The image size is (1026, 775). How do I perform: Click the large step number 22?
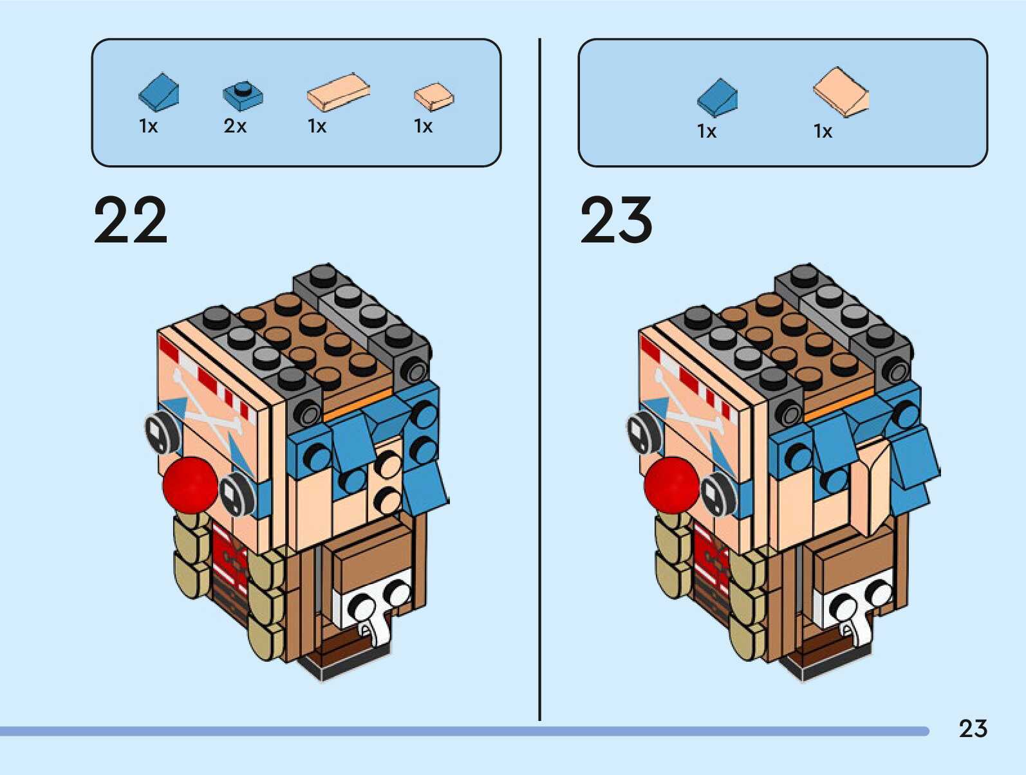pos(131,221)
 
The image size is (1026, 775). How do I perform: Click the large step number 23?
pos(617,221)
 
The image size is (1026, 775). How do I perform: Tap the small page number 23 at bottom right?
pos(973,729)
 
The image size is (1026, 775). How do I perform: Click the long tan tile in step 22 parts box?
pos(338,93)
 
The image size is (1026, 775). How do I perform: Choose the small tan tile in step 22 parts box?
pos(433,96)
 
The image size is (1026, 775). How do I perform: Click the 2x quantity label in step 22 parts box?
pos(235,126)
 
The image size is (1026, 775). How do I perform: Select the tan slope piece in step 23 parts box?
pos(841,92)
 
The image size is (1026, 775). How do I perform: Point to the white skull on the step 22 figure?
pos(373,608)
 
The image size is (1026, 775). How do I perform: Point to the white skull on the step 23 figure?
pos(856,608)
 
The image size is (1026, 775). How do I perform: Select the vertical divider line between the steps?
pos(539,379)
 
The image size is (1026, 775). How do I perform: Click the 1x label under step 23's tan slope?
pos(823,131)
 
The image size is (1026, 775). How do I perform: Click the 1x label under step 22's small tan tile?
pos(423,126)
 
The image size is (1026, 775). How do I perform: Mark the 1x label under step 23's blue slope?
pos(706,131)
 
